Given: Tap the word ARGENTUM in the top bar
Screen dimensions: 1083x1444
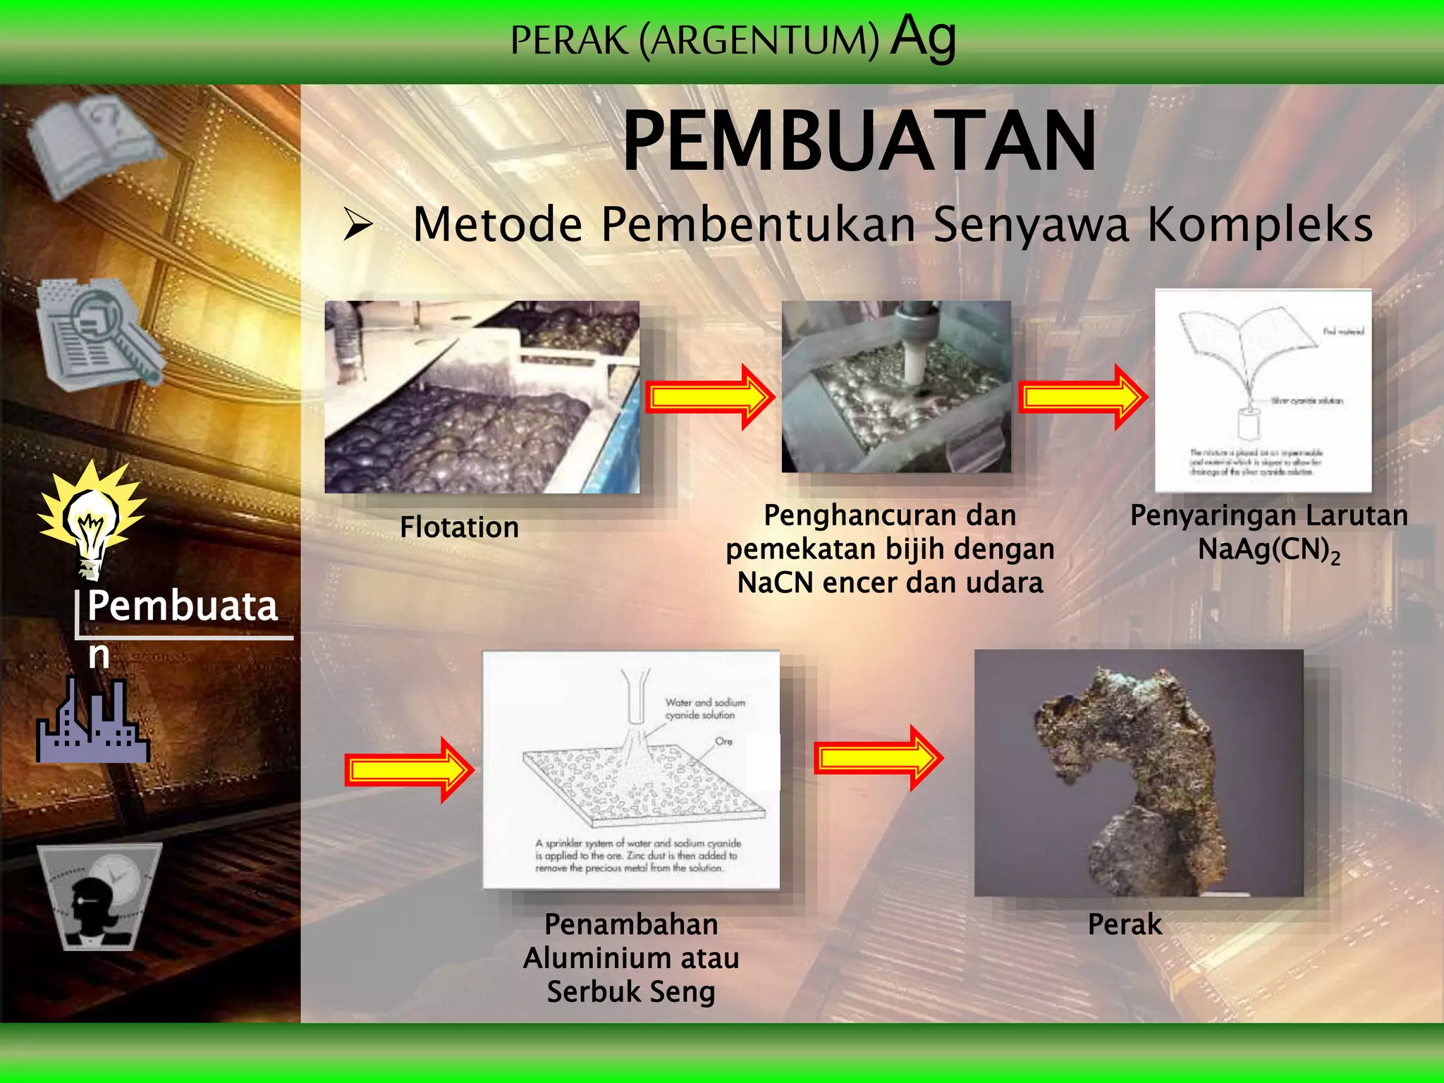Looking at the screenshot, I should [x=759, y=40].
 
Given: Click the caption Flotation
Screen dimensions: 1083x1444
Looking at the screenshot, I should [x=459, y=527].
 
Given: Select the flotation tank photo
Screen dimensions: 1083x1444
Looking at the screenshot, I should [x=482, y=397].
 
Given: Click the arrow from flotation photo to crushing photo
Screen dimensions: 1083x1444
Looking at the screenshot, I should [x=709, y=397].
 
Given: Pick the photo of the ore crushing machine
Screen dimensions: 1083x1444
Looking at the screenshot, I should [x=895, y=386].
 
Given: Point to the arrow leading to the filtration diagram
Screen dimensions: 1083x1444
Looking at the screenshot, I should [x=1082, y=397].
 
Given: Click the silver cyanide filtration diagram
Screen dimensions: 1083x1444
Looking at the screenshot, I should [x=1263, y=391].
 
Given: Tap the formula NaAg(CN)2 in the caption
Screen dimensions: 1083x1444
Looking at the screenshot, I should [x=1268, y=550].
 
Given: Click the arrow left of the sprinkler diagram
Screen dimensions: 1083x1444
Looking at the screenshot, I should [x=408, y=770].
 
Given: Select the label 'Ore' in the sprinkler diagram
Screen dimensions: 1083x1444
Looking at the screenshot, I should [x=723, y=741].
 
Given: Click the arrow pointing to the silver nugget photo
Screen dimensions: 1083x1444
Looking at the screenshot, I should [x=878, y=758].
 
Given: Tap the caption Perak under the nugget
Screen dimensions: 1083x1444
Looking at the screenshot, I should [x=1125, y=924].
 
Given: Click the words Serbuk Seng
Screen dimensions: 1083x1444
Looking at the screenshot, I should [x=631, y=991].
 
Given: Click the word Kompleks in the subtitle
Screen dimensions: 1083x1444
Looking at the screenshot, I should [x=1260, y=225].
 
